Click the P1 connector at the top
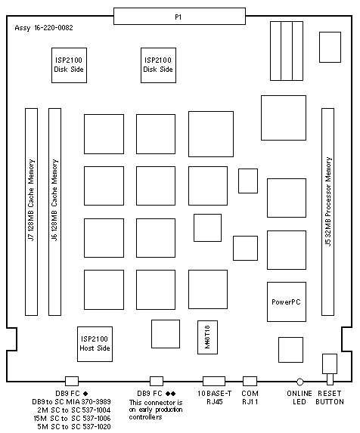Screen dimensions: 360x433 pyautogui.click(x=179, y=17)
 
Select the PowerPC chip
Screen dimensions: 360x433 pyautogui.click(x=287, y=302)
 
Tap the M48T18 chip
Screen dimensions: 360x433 pyautogui.click(x=207, y=337)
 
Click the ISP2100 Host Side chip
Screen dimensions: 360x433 pyautogui.click(x=95, y=344)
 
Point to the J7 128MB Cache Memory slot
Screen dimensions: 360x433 pyautogui.click(x=32, y=212)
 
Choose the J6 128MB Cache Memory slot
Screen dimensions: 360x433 pyautogui.click(x=54, y=212)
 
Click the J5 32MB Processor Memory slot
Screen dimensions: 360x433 pyautogui.click(x=327, y=212)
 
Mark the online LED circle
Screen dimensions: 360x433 pyautogui.click(x=299, y=382)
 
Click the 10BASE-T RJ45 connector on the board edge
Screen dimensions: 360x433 pyautogui.click(x=214, y=381)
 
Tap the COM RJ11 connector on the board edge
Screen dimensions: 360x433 pyautogui.click(x=250, y=381)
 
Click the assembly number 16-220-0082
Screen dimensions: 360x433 pyautogui.click(x=54, y=28)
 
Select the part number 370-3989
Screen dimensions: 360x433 pyautogui.click(x=96, y=401)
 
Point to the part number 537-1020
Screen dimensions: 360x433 pyautogui.click(x=96, y=427)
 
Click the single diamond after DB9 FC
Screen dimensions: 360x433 pyautogui.click(x=85, y=394)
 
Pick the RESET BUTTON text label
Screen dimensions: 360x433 pyautogui.click(x=330, y=397)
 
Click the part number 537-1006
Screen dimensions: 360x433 pyautogui.click(x=96, y=419)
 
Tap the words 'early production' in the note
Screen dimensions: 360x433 pyautogui.click(x=160, y=410)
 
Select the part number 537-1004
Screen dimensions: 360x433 pyautogui.click(x=96, y=410)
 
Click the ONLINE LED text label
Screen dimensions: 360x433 pyautogui.click(x=299, y=397)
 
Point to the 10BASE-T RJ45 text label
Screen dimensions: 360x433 pyautogui.click(x=214, y=397)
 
